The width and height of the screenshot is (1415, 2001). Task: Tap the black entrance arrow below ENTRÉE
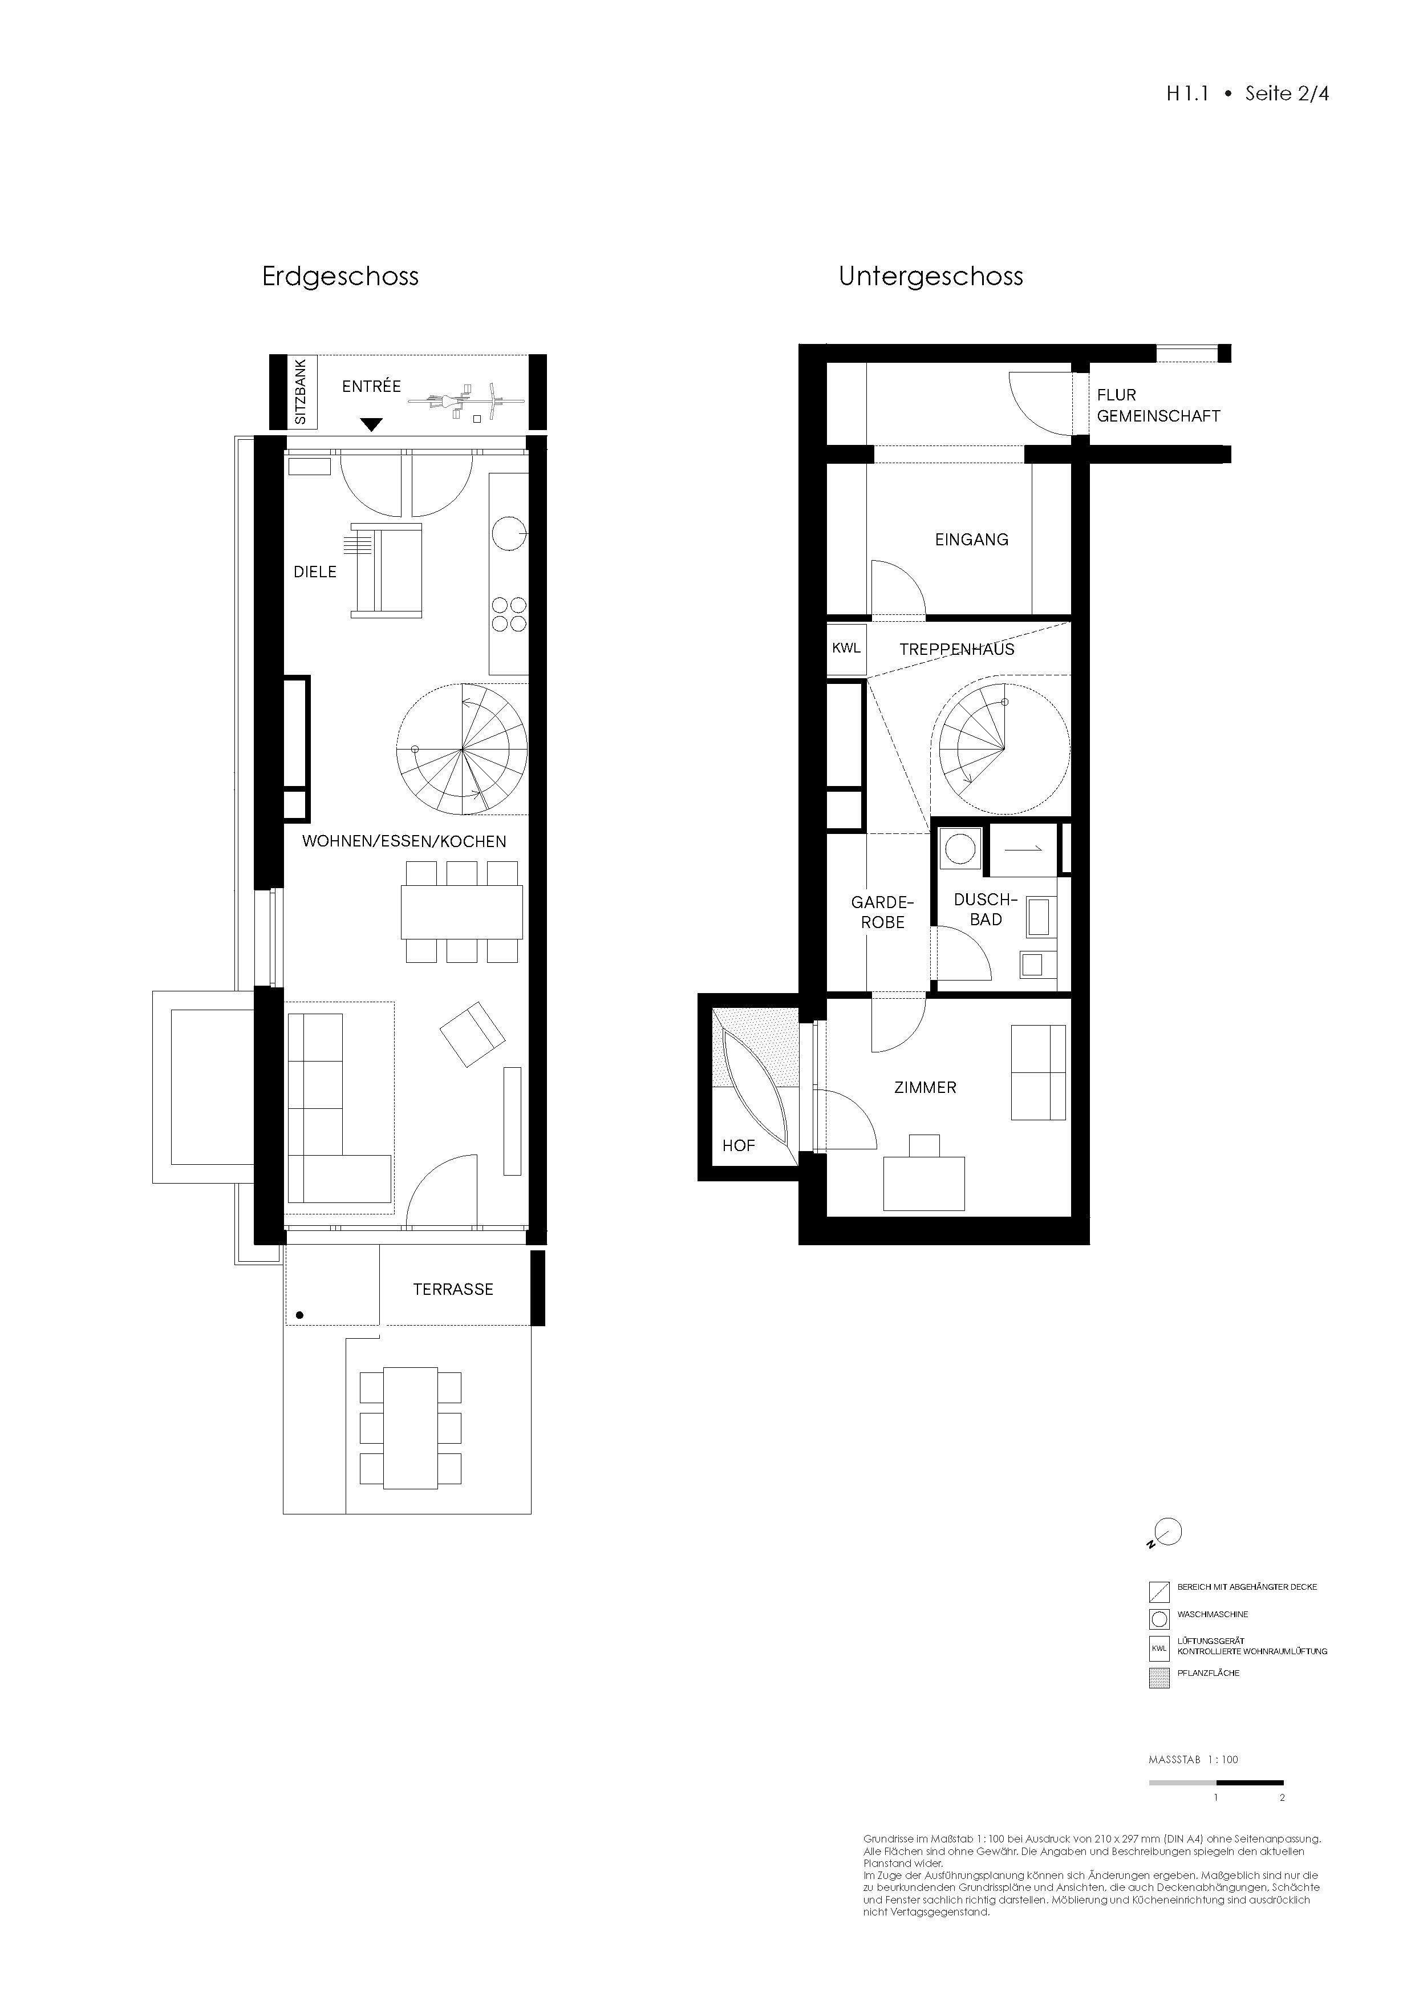pos(371,424)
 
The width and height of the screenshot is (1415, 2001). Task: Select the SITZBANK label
pos(301,392)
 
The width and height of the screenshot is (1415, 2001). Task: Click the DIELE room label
pos(315,572)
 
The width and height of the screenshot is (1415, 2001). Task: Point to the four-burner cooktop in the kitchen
pos(509,614)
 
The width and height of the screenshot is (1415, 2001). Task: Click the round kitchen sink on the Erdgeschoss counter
pos(508,533)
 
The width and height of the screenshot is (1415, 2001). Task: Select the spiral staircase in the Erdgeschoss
pos(462,750)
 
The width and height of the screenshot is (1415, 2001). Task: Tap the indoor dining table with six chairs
pos(462,912)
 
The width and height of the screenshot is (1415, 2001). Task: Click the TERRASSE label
pos(452,1289)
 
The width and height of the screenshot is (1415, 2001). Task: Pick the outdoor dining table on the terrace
pos(411,1428)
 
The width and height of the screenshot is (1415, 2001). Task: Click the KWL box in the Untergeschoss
pos(846,649)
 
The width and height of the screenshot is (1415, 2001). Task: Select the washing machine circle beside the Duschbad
pos(961,849)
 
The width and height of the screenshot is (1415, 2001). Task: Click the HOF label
pos(738,1145)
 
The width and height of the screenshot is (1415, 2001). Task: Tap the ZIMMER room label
pos(925,1088)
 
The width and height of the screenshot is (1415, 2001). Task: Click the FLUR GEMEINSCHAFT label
pos(1157,405)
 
